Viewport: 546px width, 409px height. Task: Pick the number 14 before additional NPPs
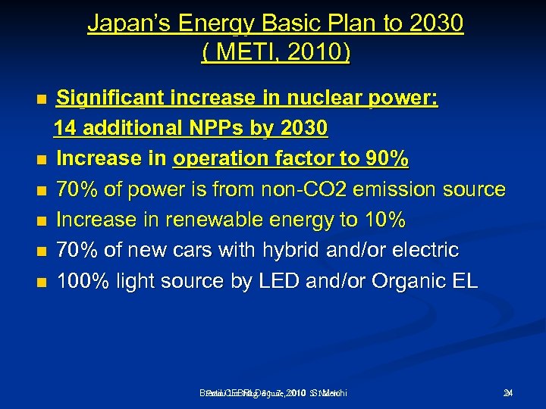tap(66, 129)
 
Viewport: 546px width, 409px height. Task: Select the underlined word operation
tap(227, 159)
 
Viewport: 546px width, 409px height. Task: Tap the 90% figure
tap(386, 159)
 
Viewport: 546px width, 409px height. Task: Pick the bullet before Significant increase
tap(42, 99)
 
